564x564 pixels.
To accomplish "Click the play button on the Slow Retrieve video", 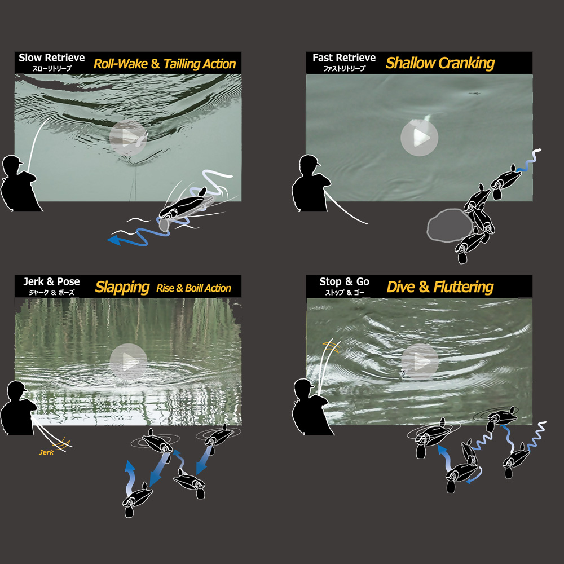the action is (128, 138).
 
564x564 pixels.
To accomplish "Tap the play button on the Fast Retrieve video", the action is (420, 138).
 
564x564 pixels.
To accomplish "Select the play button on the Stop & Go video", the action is (420, 362).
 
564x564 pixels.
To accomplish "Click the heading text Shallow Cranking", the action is (440, 63).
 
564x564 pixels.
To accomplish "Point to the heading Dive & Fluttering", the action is (440, 287).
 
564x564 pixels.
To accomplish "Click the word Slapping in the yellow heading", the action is (122, 288).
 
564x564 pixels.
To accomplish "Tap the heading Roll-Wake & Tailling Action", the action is (165, 64).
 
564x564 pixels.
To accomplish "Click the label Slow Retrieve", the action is (52, 58).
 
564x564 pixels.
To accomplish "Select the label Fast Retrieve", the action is (344, 58).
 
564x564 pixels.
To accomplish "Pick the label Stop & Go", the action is (344, 281).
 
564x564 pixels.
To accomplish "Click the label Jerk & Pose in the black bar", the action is (51, 281).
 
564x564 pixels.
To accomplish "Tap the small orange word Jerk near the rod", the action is (46, 452).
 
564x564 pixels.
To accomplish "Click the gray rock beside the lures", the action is (450, 225).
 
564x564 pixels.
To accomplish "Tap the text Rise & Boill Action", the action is (193, 288).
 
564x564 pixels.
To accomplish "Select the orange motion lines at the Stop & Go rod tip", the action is (332, 347).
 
